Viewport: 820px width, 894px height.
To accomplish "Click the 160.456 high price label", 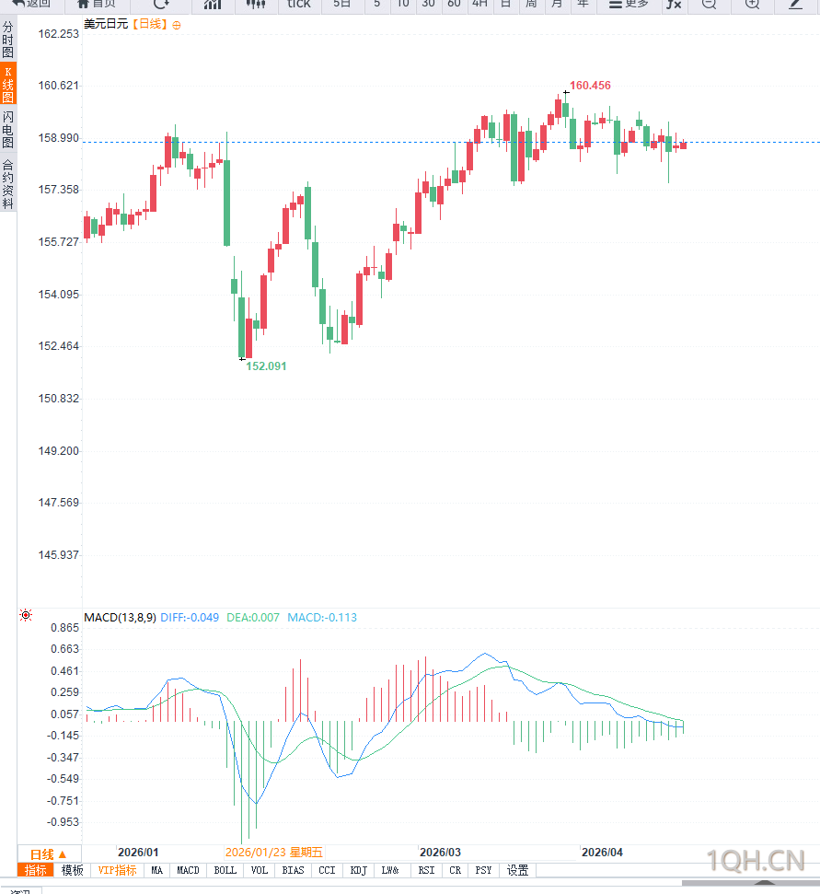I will (x=590, y=86).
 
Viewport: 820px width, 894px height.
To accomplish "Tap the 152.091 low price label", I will (x=266, y=366).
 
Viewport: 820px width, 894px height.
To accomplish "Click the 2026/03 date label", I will (x=439, y=853).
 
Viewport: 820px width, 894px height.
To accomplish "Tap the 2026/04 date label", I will (x=602, y=853).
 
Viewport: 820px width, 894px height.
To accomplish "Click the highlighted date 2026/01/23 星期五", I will (x=274, y=853).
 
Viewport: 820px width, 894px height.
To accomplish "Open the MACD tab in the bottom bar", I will (x=188, y=870).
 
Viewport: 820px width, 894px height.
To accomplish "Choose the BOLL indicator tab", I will (x=225, y=870).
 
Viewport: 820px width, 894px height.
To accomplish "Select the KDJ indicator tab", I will (x=359, y=870).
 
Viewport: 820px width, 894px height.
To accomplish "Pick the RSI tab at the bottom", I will (x=426, y=870).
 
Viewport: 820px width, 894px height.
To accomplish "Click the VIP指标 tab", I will (x=118, y=870).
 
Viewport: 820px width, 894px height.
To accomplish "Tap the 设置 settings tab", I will (x=517, y=870).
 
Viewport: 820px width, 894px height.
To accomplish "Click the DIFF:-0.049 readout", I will (x=190, y=617).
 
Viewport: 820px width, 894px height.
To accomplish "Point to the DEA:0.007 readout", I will (x=253, y=617).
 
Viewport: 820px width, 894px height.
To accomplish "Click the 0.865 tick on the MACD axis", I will (x=64, y=628).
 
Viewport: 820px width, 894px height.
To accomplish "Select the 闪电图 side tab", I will (x=8, y=130).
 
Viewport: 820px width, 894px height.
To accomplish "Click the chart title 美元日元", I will (x=106, y=24).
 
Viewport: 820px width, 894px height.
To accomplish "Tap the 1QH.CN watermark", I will (x=756, y=861).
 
